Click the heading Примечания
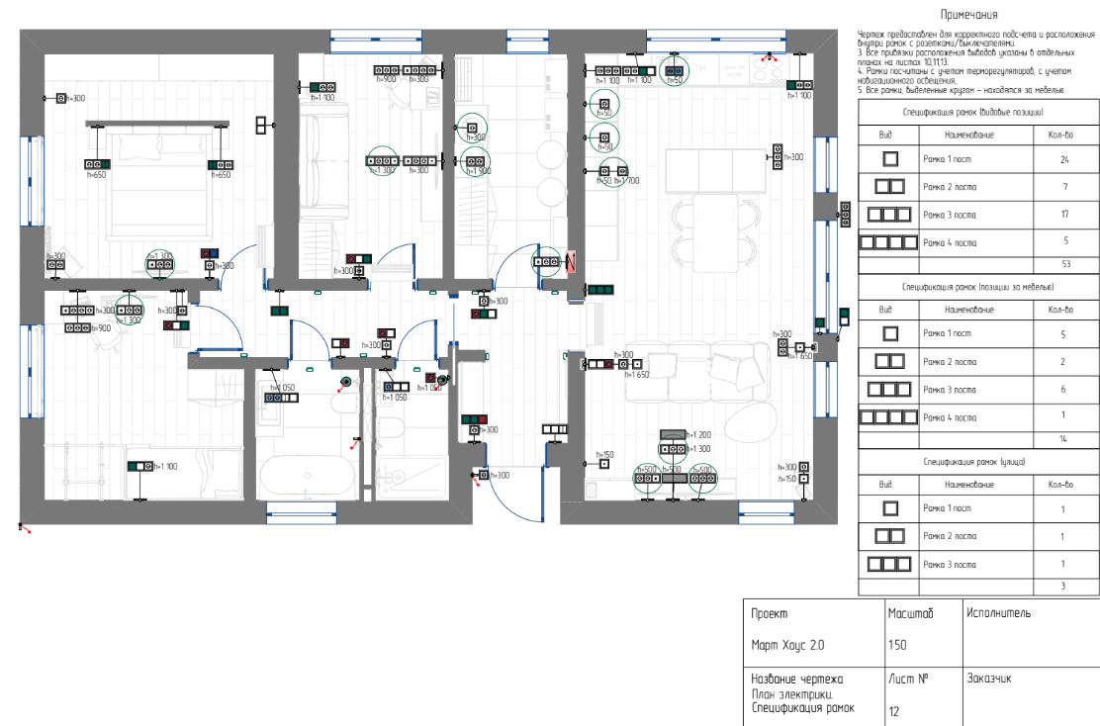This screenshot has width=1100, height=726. pyautogui.click(x=968, y=15)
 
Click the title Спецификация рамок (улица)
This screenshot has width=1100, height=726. pyautogui.click(x=974, y=462)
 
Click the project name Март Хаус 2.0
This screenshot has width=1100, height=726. pyautogui.click(x=787, y=645)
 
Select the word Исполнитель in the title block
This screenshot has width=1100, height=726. pyautogui.click(x=999, y=613)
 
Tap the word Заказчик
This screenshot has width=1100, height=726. pyautogui.click(x=989, y=680)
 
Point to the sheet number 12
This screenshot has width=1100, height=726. pyautogui.click(x=894, y=709)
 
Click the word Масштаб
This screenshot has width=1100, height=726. pyautogui.click(x=910, y=613)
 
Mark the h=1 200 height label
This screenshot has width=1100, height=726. pyautogui.click(x=697, y=435)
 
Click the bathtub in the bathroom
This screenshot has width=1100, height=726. pyautogui.click(x=307, y=478)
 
